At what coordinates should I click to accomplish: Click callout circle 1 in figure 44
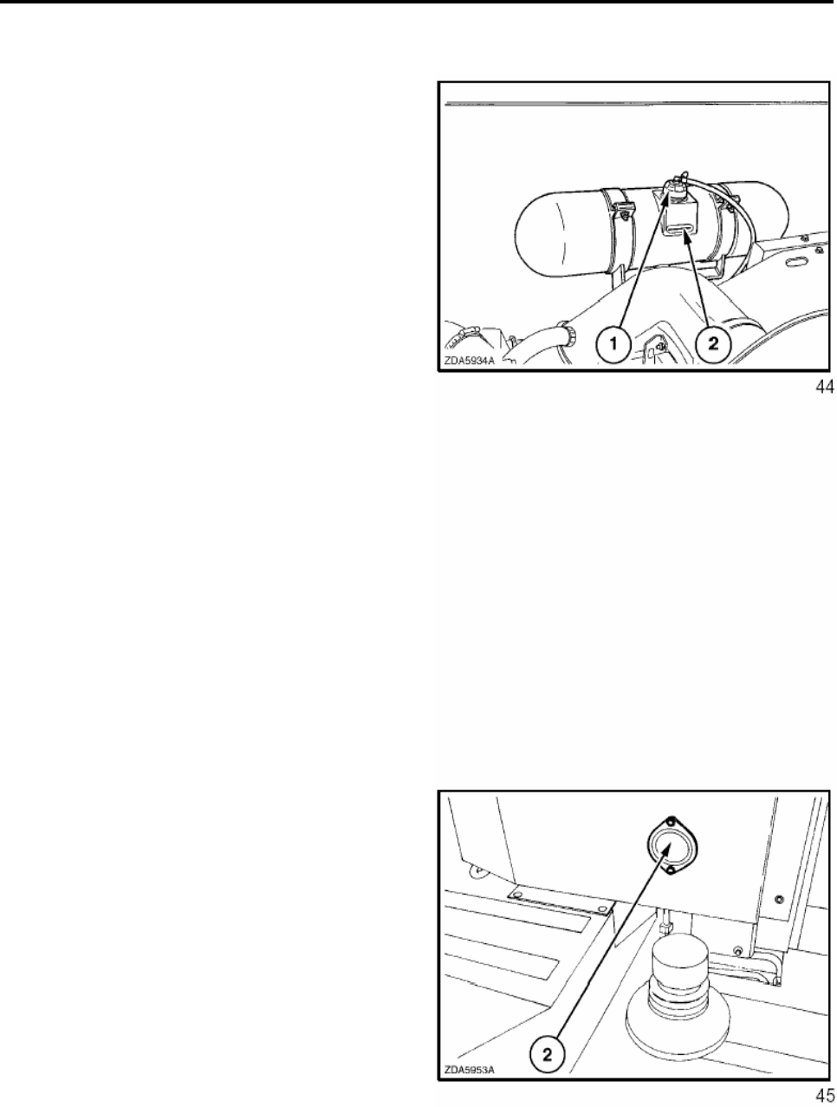click(x=613, y=344)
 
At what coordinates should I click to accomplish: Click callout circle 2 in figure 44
click(x=713, y=344)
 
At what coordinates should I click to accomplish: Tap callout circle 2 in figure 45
click(x=548, y=1053)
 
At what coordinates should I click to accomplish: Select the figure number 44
click(x=824, y=387)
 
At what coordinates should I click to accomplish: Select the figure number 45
click(x=824, y=1094)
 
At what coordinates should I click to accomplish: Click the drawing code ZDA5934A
click(x=470, y=361)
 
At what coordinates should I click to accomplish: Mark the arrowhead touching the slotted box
click(x=685, y=235)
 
